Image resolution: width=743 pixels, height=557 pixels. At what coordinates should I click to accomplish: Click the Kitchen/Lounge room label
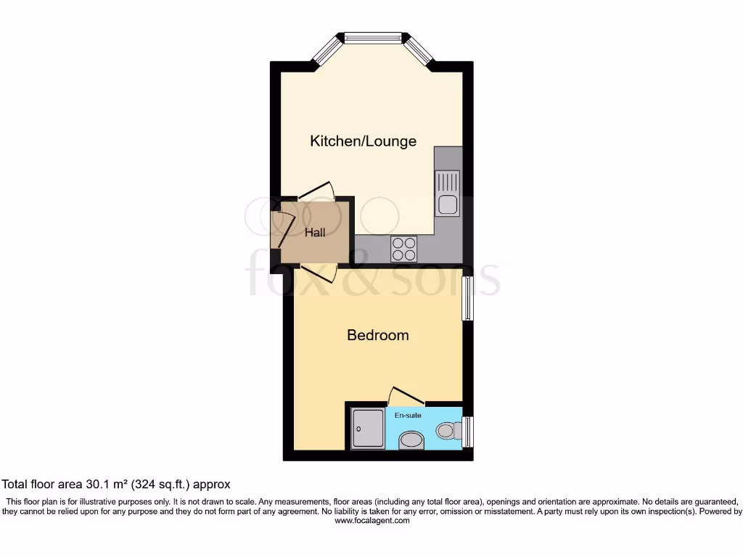point(363,141)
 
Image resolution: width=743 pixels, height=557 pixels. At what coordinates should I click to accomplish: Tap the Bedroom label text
point(377,335)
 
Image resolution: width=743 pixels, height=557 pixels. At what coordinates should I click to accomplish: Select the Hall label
point(315,233)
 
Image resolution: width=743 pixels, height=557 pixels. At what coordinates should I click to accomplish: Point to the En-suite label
point(408,416)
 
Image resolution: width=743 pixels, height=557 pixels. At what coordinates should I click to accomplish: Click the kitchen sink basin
point(446,204)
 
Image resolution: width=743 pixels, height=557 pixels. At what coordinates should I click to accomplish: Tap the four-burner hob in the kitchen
point(404,249)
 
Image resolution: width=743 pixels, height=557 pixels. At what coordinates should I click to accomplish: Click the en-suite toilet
point(448,432)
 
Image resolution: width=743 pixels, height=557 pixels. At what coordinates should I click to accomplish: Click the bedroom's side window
point(468,298)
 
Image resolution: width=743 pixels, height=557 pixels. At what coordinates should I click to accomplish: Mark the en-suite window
point(468,432)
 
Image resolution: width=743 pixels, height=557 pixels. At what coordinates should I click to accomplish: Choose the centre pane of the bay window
point(373,36)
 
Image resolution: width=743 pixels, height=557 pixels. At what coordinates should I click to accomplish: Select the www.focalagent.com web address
point(371,520)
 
